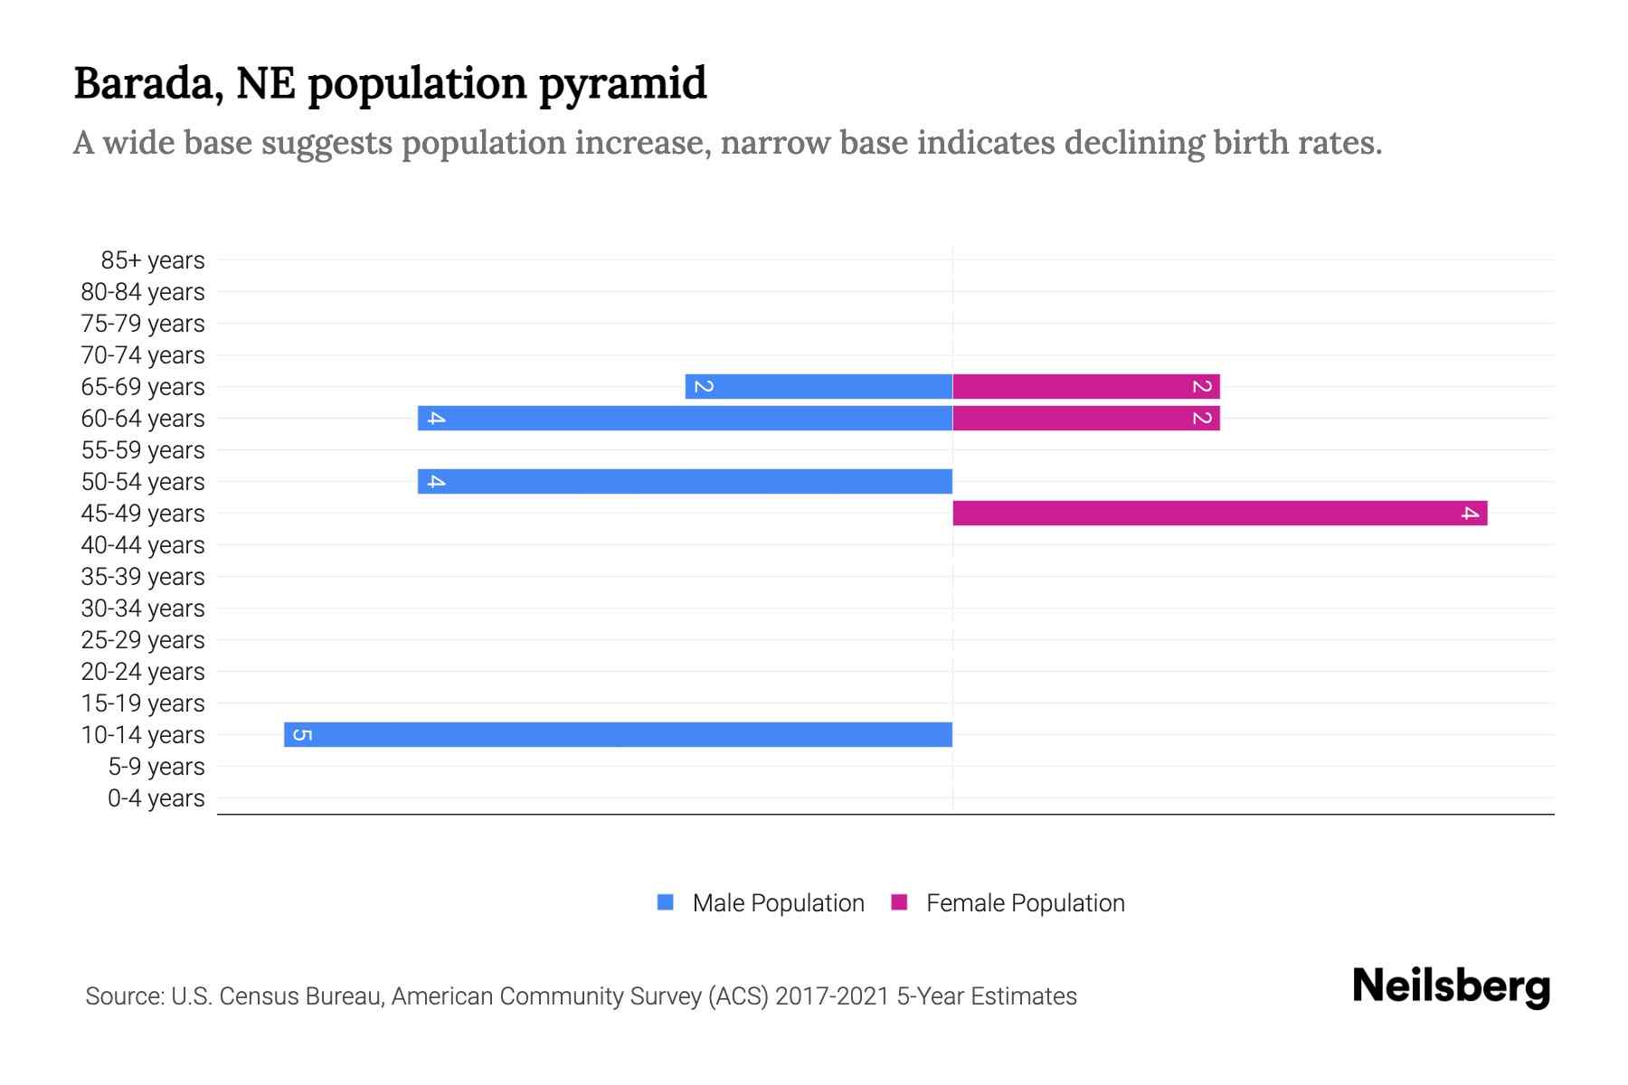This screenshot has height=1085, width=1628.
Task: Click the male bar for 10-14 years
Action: pos(618,734)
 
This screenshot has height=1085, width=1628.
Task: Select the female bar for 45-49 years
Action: pos(1219,513)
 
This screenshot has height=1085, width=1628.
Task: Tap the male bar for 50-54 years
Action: pos(685,481)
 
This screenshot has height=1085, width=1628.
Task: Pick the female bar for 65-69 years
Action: pos(1085,386)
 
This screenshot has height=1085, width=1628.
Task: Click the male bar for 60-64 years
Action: pos(685,418)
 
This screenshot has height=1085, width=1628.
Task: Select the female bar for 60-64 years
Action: pos(1085,418)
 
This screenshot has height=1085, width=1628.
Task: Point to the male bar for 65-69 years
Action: pos(819,386)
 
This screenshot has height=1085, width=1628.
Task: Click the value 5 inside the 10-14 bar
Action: pos(303,734)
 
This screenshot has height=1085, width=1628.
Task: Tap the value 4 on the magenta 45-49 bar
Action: pos(1470,513)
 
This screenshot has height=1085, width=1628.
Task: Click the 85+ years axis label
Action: pos(152,260)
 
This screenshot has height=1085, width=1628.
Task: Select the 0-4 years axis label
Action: pos(156,798)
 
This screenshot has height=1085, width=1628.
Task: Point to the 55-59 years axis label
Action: pos(143,450)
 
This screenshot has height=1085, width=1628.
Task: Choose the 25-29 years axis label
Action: pos(143,640)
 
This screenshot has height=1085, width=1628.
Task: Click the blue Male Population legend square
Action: pos(666,902)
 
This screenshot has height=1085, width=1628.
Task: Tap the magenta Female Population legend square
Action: pos(899,902)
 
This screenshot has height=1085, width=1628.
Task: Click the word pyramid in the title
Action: pos(623,83)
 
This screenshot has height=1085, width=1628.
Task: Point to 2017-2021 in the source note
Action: pos(832,996)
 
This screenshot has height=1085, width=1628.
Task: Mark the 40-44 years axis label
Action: pos(143,545)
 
